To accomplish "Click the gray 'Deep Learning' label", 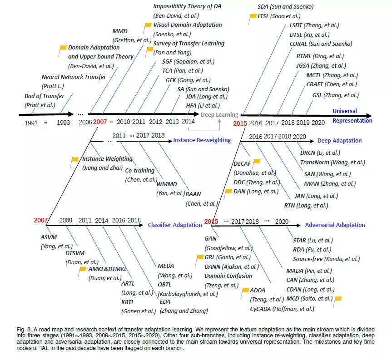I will (x=219, y=115).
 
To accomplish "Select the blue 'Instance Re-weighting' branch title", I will (x=202, y=140).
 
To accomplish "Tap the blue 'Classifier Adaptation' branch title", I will (x=175, y=225).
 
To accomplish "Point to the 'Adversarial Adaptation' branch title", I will (x=335, y=225).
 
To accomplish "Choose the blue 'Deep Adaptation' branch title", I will (x=339, y=141).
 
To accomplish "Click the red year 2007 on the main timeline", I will (x=100, y=122).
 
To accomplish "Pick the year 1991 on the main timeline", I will (x=31, y=123).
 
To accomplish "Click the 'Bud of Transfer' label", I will (x=44, y=96).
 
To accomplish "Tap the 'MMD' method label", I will (x=120, y=31).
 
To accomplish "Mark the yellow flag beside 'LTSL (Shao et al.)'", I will (x=253, y=16).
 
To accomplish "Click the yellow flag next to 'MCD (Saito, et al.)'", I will (x=338, y=299).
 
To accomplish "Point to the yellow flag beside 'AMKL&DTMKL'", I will (x=82, y=269).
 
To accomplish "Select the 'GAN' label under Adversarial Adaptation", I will (x=211, y=238).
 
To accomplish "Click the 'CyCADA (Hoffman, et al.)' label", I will (x=282, y=309).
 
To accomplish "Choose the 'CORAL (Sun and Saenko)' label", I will (x=321, y=44).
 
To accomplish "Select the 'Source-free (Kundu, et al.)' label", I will (x=326, y=259).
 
